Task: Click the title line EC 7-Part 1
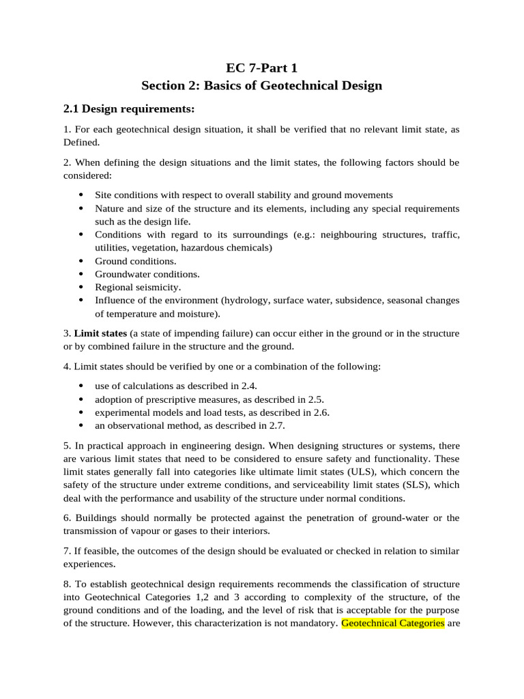pyautogui.click(x=261, y=68)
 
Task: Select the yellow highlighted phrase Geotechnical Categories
pyautogui.click(x=392, y=623)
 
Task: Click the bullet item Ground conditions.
pyautogui.click(x=135, y=261)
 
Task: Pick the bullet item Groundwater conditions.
pyautogui.click(x=147, y=274)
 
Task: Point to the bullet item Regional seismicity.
pyautogui.click(x=138, y=287)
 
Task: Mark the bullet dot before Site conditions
pyautogui.click(x=82, y=195)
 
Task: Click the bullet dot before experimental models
pyautogui.click(x=82, y=412)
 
